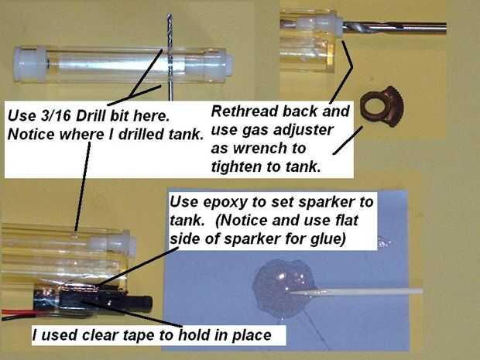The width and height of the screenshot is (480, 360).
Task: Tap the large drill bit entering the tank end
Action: (394, 28)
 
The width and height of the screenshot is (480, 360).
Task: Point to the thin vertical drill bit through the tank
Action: (170, 57)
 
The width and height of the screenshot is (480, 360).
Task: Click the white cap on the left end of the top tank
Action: (29, 64)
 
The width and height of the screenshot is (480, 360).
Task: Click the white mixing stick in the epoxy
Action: (355, 291)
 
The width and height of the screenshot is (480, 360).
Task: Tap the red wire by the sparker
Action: (19, 313)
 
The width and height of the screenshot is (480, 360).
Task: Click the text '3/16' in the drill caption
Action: (57, 116)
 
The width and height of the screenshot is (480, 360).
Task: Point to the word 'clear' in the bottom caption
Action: (100, 335)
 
